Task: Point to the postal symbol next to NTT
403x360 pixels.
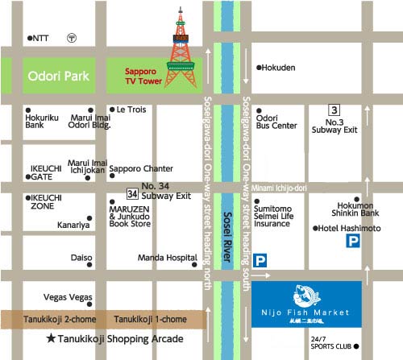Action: click(x=72, y=38)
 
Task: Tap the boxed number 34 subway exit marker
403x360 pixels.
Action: click(x=131, y=194)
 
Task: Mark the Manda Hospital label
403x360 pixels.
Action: click(x=165, y=259)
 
